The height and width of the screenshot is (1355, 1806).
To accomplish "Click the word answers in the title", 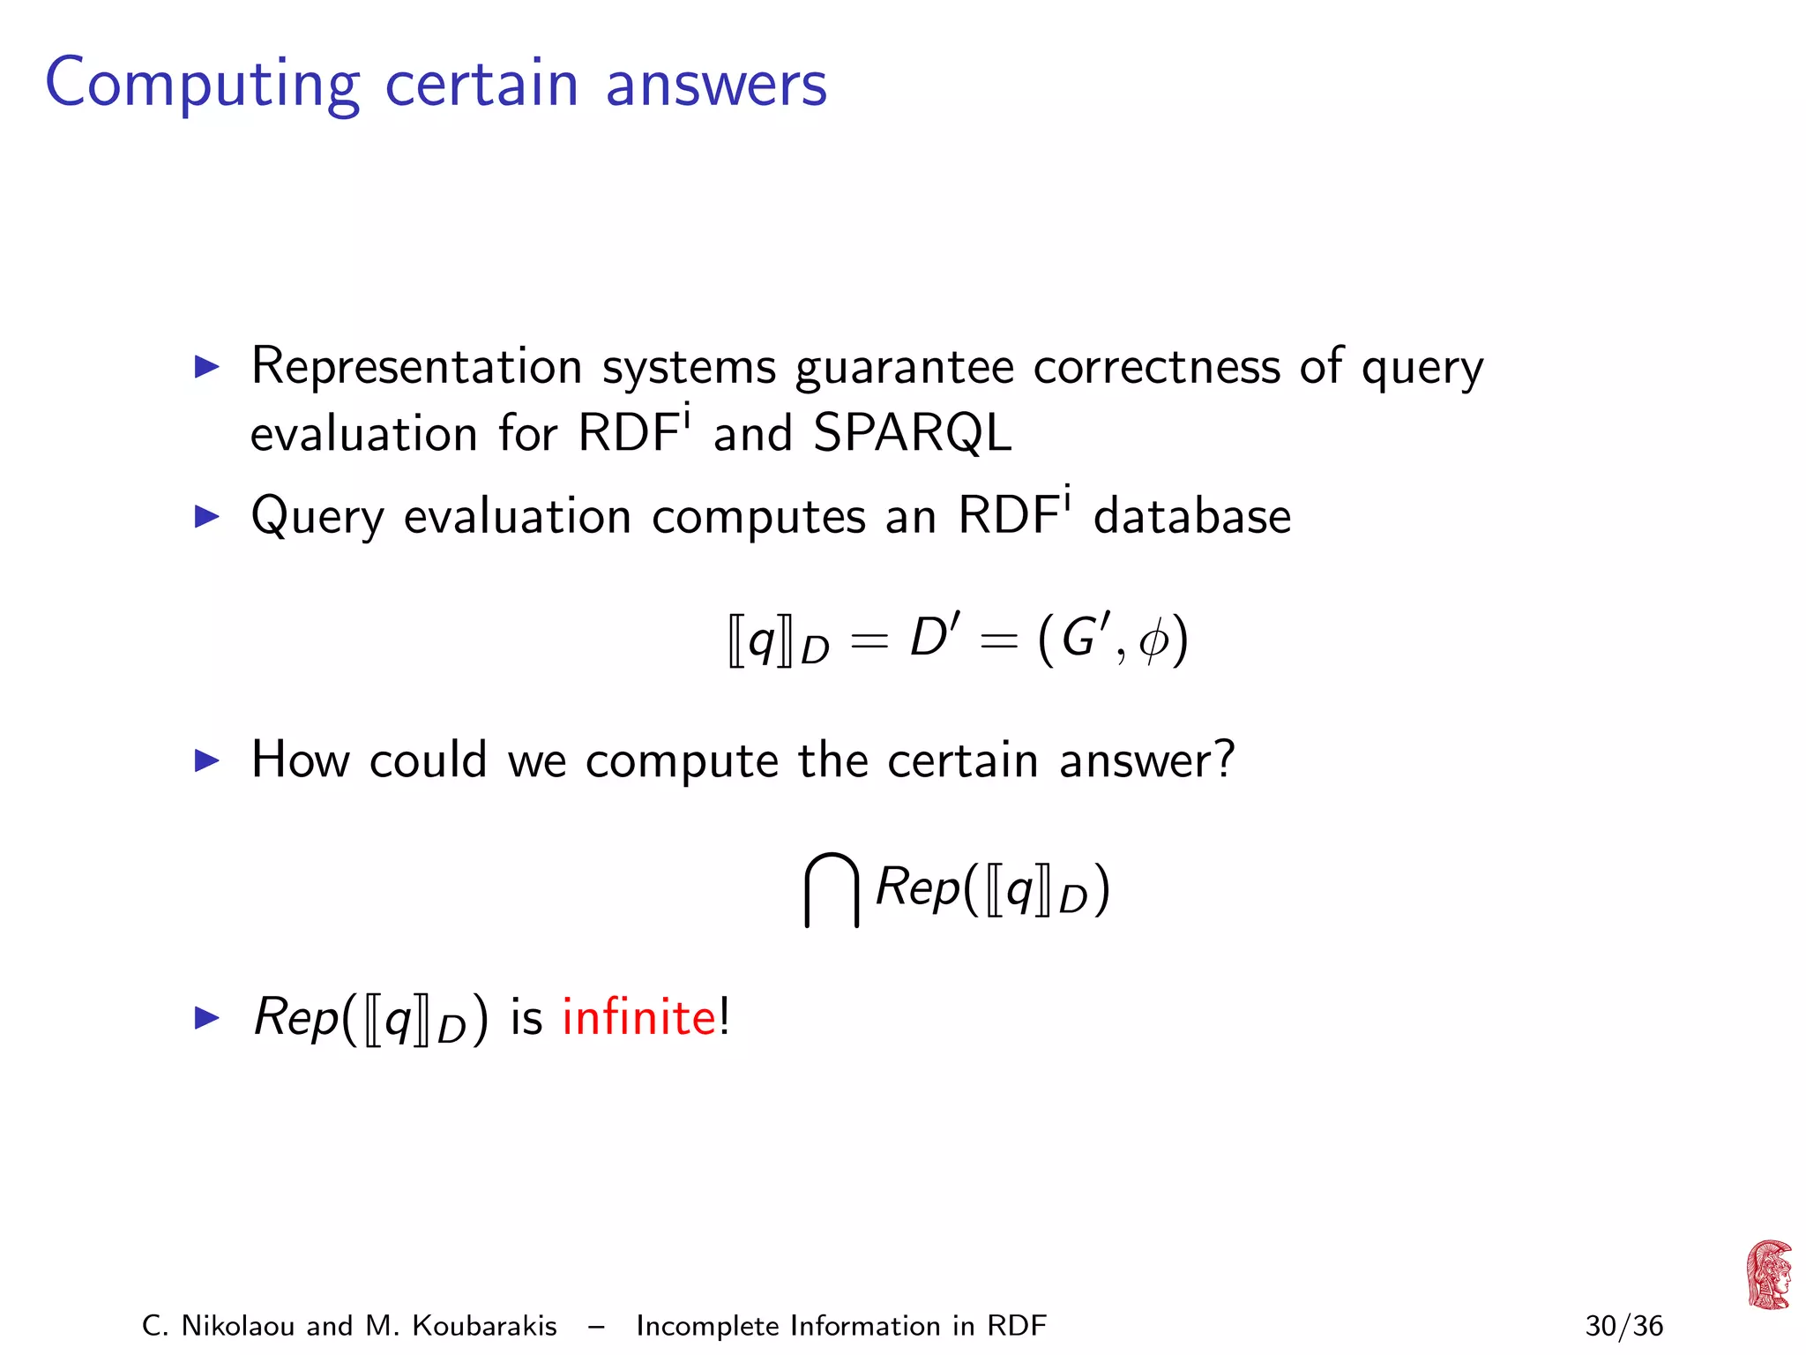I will click(715, 85).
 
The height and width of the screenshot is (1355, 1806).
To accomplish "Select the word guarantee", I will click(904, 367).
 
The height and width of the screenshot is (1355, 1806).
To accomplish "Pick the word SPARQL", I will click(912, 433).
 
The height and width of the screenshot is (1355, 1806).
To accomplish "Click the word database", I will click(1191, 516).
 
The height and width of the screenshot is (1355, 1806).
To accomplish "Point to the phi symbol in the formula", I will click(1153, 640).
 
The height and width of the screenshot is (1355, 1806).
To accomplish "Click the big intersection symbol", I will click(831, 889).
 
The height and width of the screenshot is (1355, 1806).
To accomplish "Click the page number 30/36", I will click(1623, 1326).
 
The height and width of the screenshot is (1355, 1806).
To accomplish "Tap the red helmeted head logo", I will click(1768, 1275).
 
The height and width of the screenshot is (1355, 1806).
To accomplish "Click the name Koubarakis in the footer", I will click(484, 1326).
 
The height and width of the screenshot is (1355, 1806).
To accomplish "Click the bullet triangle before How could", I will click(206, 760).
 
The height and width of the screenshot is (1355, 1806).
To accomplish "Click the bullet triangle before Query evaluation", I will click(206, 516).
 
